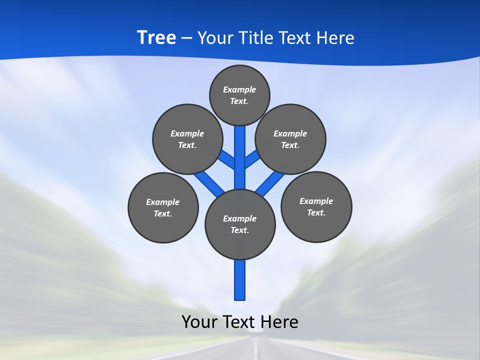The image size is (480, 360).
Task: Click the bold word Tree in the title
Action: [156, 37]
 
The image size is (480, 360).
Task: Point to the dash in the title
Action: [186, 38]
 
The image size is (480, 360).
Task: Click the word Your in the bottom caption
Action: [199, 321]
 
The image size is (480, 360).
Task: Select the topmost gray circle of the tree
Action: [239, 95]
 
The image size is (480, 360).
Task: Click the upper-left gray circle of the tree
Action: [187, 139]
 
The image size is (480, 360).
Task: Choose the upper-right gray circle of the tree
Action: [290, 139]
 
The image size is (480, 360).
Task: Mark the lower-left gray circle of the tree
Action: [163, 207]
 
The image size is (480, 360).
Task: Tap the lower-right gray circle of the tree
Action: [316, 206]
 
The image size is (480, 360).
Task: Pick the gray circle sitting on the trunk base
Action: [240, 224]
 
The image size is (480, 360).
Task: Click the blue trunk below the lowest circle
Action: [240, 280]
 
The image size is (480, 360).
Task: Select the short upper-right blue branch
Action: [251, 159]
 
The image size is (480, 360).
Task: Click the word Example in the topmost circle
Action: [239, 89]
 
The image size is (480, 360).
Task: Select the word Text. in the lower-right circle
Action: [316, 212]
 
